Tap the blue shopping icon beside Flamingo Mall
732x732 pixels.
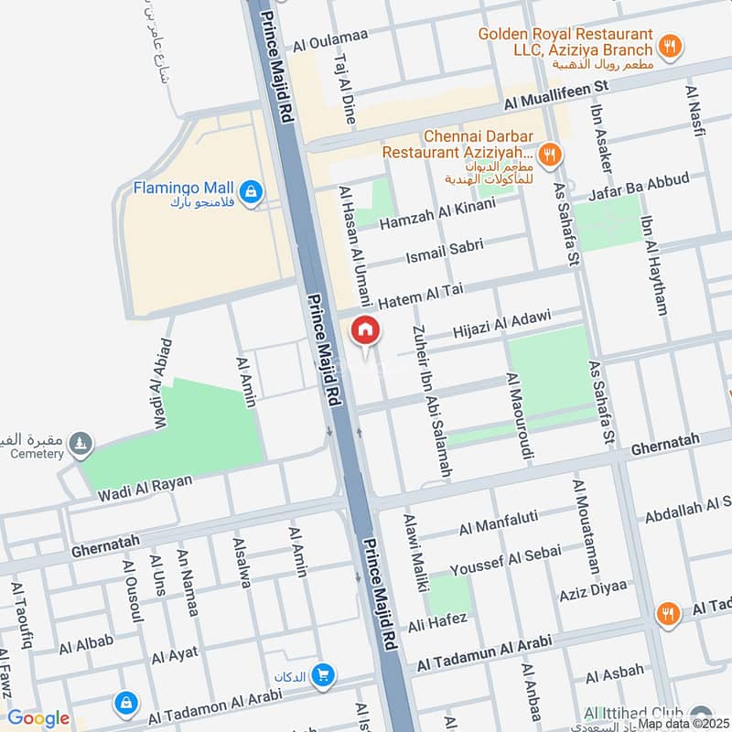coord(252,192)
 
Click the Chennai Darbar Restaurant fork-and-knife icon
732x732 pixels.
coord(549,155)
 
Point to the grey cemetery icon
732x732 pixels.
coord(83,444)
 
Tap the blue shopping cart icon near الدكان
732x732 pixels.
coord(321,676)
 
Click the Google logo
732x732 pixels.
coord(38,718)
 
